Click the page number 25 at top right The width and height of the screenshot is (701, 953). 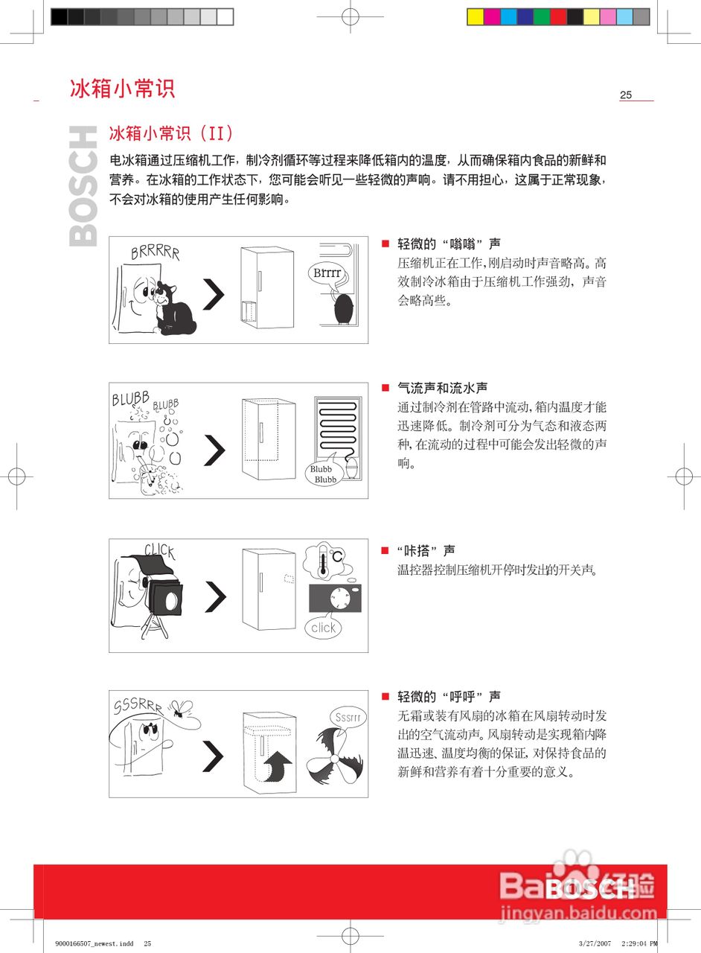626,95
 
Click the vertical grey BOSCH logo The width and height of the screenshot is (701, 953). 83,185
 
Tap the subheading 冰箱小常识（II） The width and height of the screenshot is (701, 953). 171,134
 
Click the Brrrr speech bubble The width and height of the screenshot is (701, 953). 327,273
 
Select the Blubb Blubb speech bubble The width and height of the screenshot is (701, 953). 325,474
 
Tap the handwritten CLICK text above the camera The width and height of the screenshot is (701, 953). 159,551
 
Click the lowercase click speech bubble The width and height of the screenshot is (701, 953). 323,628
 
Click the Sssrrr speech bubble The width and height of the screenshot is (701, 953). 348,718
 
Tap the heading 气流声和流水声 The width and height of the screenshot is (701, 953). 443,388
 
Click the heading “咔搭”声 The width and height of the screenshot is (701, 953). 426,551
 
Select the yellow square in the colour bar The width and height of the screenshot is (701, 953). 476,16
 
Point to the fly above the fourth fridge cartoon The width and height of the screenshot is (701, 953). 180,710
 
